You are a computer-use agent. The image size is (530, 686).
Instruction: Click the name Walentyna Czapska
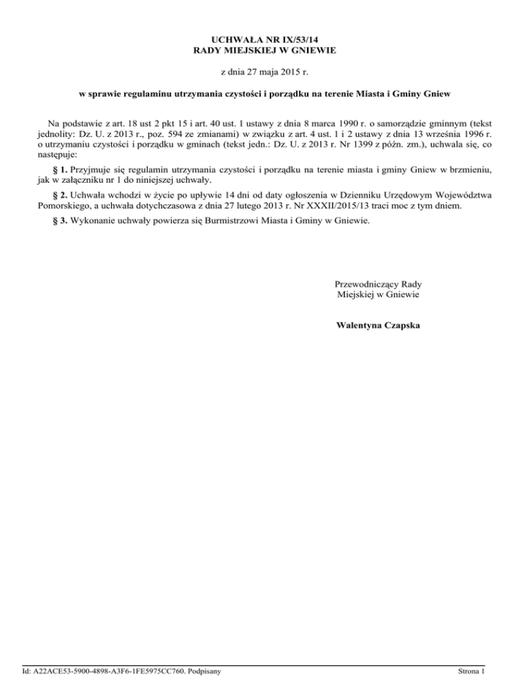[x=378, y=324]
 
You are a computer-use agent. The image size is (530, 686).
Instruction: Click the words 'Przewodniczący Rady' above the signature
[x=378, y=284]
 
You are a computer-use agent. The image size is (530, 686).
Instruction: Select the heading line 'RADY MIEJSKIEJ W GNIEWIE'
[x=265, y=50]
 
